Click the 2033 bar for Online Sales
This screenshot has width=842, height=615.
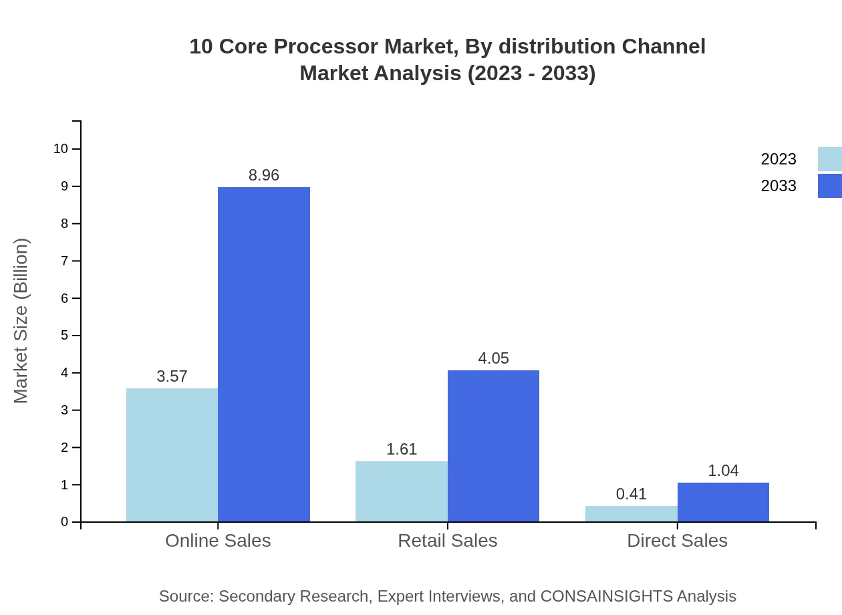point(264,354)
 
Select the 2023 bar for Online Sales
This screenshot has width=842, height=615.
point(172,455)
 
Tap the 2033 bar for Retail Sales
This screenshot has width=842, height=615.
point(493,446)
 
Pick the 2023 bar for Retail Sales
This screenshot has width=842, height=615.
point(402,491)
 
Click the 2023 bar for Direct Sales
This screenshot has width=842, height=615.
point(631,513)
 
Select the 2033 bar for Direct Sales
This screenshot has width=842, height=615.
point(723,502)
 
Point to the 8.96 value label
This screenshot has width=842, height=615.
point(264,175)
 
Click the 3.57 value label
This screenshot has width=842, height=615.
point(172,376)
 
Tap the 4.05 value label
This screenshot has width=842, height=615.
point(493,358)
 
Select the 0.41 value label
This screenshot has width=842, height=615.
point(631,494)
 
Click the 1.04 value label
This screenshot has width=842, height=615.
point(723,471)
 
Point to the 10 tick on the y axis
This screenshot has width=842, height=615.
point(61,148)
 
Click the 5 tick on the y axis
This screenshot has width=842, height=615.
point(65,335)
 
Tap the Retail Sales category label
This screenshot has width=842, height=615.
point(447,540)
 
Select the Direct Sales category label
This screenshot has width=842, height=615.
point(677,540)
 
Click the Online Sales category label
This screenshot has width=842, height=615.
point(218,540)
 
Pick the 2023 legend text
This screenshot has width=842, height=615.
point(779,159)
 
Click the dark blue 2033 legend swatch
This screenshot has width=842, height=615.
point(829,186)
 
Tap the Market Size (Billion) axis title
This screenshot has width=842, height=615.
point(21,321)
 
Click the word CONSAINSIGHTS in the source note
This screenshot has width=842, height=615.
point(605,596)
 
